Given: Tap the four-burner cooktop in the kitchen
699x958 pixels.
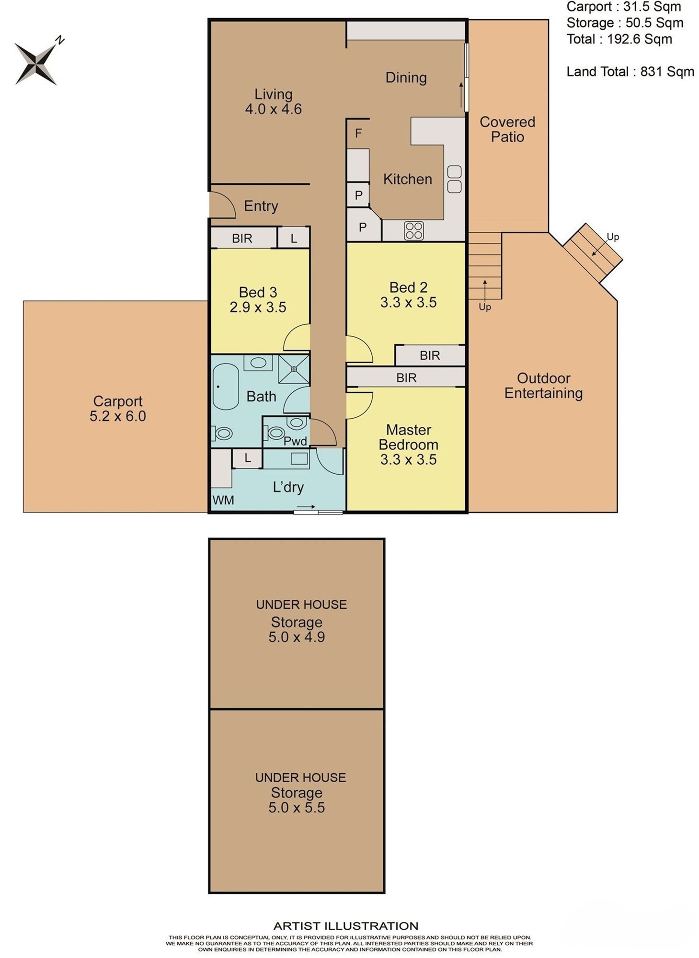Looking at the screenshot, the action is [x=413, y=230].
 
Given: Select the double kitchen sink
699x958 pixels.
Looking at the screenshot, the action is [x=454, y=179].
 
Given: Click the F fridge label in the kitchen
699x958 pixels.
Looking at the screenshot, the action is [x=358, y=133].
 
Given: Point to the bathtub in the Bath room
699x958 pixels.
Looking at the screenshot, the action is [x=226, y=387].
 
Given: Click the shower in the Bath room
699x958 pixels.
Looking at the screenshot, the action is [x=294, y=369].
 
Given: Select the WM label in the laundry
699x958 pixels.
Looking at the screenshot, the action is [x=223, y=500].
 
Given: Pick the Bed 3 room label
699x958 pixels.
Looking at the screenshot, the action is [x=258, y=292].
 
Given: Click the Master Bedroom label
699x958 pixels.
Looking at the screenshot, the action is [x=409, y=437].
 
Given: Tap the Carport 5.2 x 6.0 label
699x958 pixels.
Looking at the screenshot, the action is [x=118, y=409].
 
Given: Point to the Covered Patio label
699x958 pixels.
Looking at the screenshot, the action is [x=507, y=129].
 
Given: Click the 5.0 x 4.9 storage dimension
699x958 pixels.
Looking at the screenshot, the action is [x=297, y=637].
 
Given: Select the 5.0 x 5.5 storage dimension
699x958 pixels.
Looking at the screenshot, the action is [x=297, y=808].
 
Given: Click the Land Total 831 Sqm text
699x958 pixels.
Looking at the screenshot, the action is [x=630, y=72].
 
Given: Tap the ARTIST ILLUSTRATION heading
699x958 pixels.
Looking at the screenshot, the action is [x=345, y=926].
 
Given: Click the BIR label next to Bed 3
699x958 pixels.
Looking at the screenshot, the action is [x=242, y=239].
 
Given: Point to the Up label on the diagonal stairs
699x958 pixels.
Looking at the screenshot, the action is [x=613, y=237].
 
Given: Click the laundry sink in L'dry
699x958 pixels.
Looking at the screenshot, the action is [x=299, y=458].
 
